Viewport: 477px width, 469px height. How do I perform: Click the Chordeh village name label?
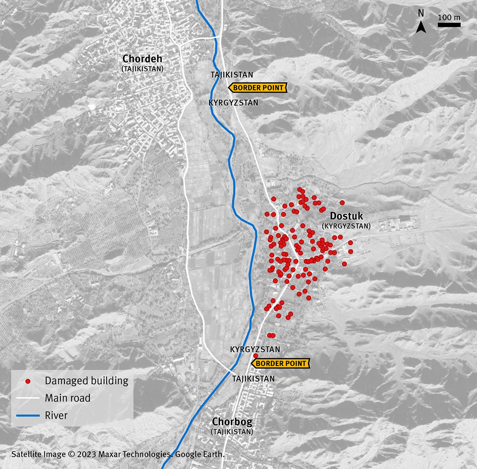(x=142, y=59)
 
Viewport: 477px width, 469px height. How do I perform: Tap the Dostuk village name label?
(x=346, y=216)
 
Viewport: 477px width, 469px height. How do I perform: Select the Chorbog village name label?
(x=232, y=422)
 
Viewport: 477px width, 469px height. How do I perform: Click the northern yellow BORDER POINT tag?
(x=258, y=88)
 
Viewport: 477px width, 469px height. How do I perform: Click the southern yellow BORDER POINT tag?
(x=281, y=363)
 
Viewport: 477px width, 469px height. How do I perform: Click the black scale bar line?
(x=449, y=25)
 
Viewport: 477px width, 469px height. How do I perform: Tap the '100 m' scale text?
(x=449, y=17)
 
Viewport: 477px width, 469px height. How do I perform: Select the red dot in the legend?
(x=28, y=381)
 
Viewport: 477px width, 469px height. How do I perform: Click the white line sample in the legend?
(x=28, y=398)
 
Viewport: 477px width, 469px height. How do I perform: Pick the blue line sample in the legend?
(x=28, y=415)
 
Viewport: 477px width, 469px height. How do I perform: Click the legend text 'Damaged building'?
(x=86, y=381)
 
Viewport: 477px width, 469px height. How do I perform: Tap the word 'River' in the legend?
(x=56, y=415)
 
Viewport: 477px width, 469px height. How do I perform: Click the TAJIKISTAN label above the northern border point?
(x=232, y=75)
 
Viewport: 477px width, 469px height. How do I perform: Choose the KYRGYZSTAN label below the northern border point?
(x=233, y=103)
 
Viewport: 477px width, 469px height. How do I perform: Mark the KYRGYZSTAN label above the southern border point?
(x=255, y=350)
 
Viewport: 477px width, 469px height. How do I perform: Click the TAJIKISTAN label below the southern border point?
(x=253, y=379)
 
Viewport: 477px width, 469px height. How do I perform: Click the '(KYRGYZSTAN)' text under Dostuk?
(x=346, y=226)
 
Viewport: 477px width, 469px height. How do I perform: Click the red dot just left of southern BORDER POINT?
(x=255, y=356)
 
